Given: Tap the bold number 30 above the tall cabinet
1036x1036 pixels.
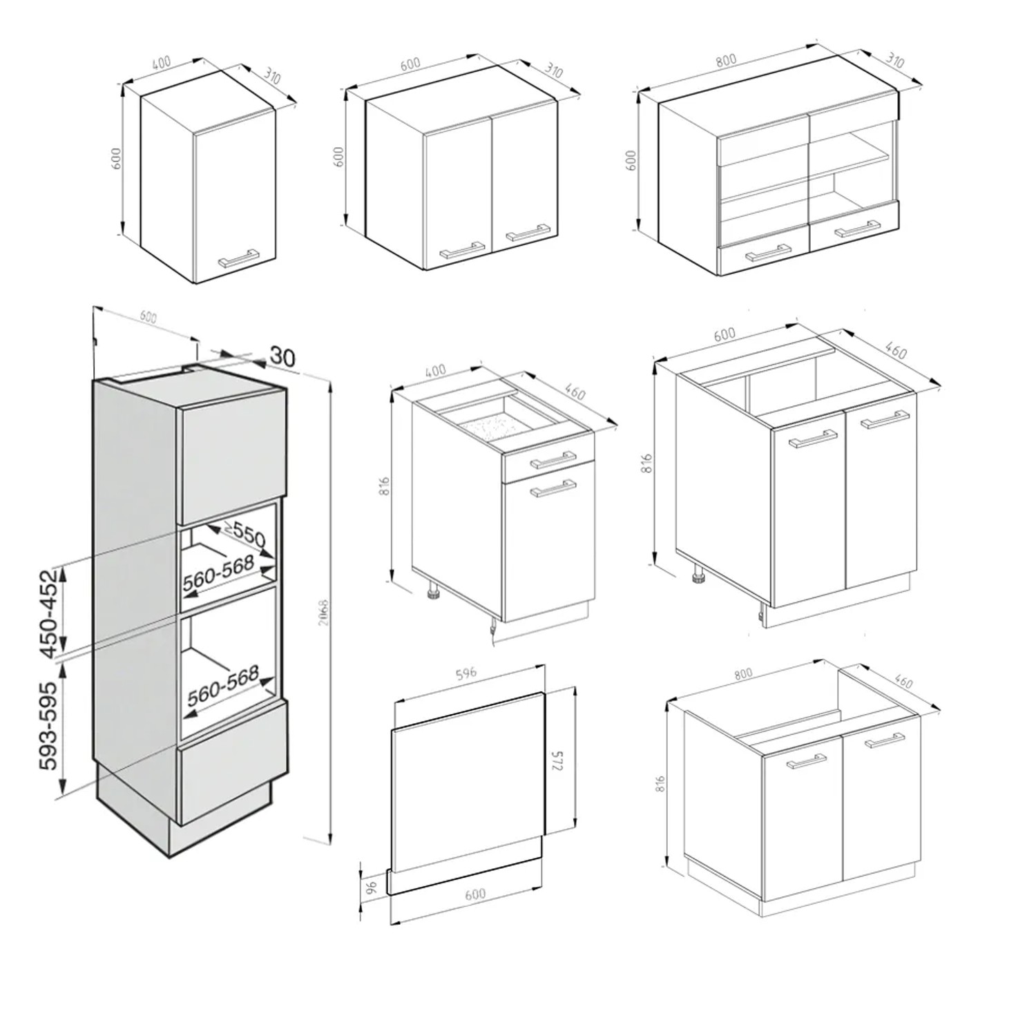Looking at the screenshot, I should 282,356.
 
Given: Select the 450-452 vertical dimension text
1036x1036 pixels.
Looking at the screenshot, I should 48,614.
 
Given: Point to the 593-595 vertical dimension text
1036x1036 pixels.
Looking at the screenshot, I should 48,726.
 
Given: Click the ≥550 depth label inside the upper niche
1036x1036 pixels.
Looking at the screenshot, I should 243,535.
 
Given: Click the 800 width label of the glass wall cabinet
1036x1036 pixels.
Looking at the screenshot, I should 726,60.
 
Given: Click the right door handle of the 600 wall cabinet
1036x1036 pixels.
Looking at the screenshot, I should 528,231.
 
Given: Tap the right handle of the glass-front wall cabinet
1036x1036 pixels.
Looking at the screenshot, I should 857,229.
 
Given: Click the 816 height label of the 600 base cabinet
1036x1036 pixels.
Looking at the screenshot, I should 646,462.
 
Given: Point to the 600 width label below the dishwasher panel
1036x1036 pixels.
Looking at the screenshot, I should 474,894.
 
